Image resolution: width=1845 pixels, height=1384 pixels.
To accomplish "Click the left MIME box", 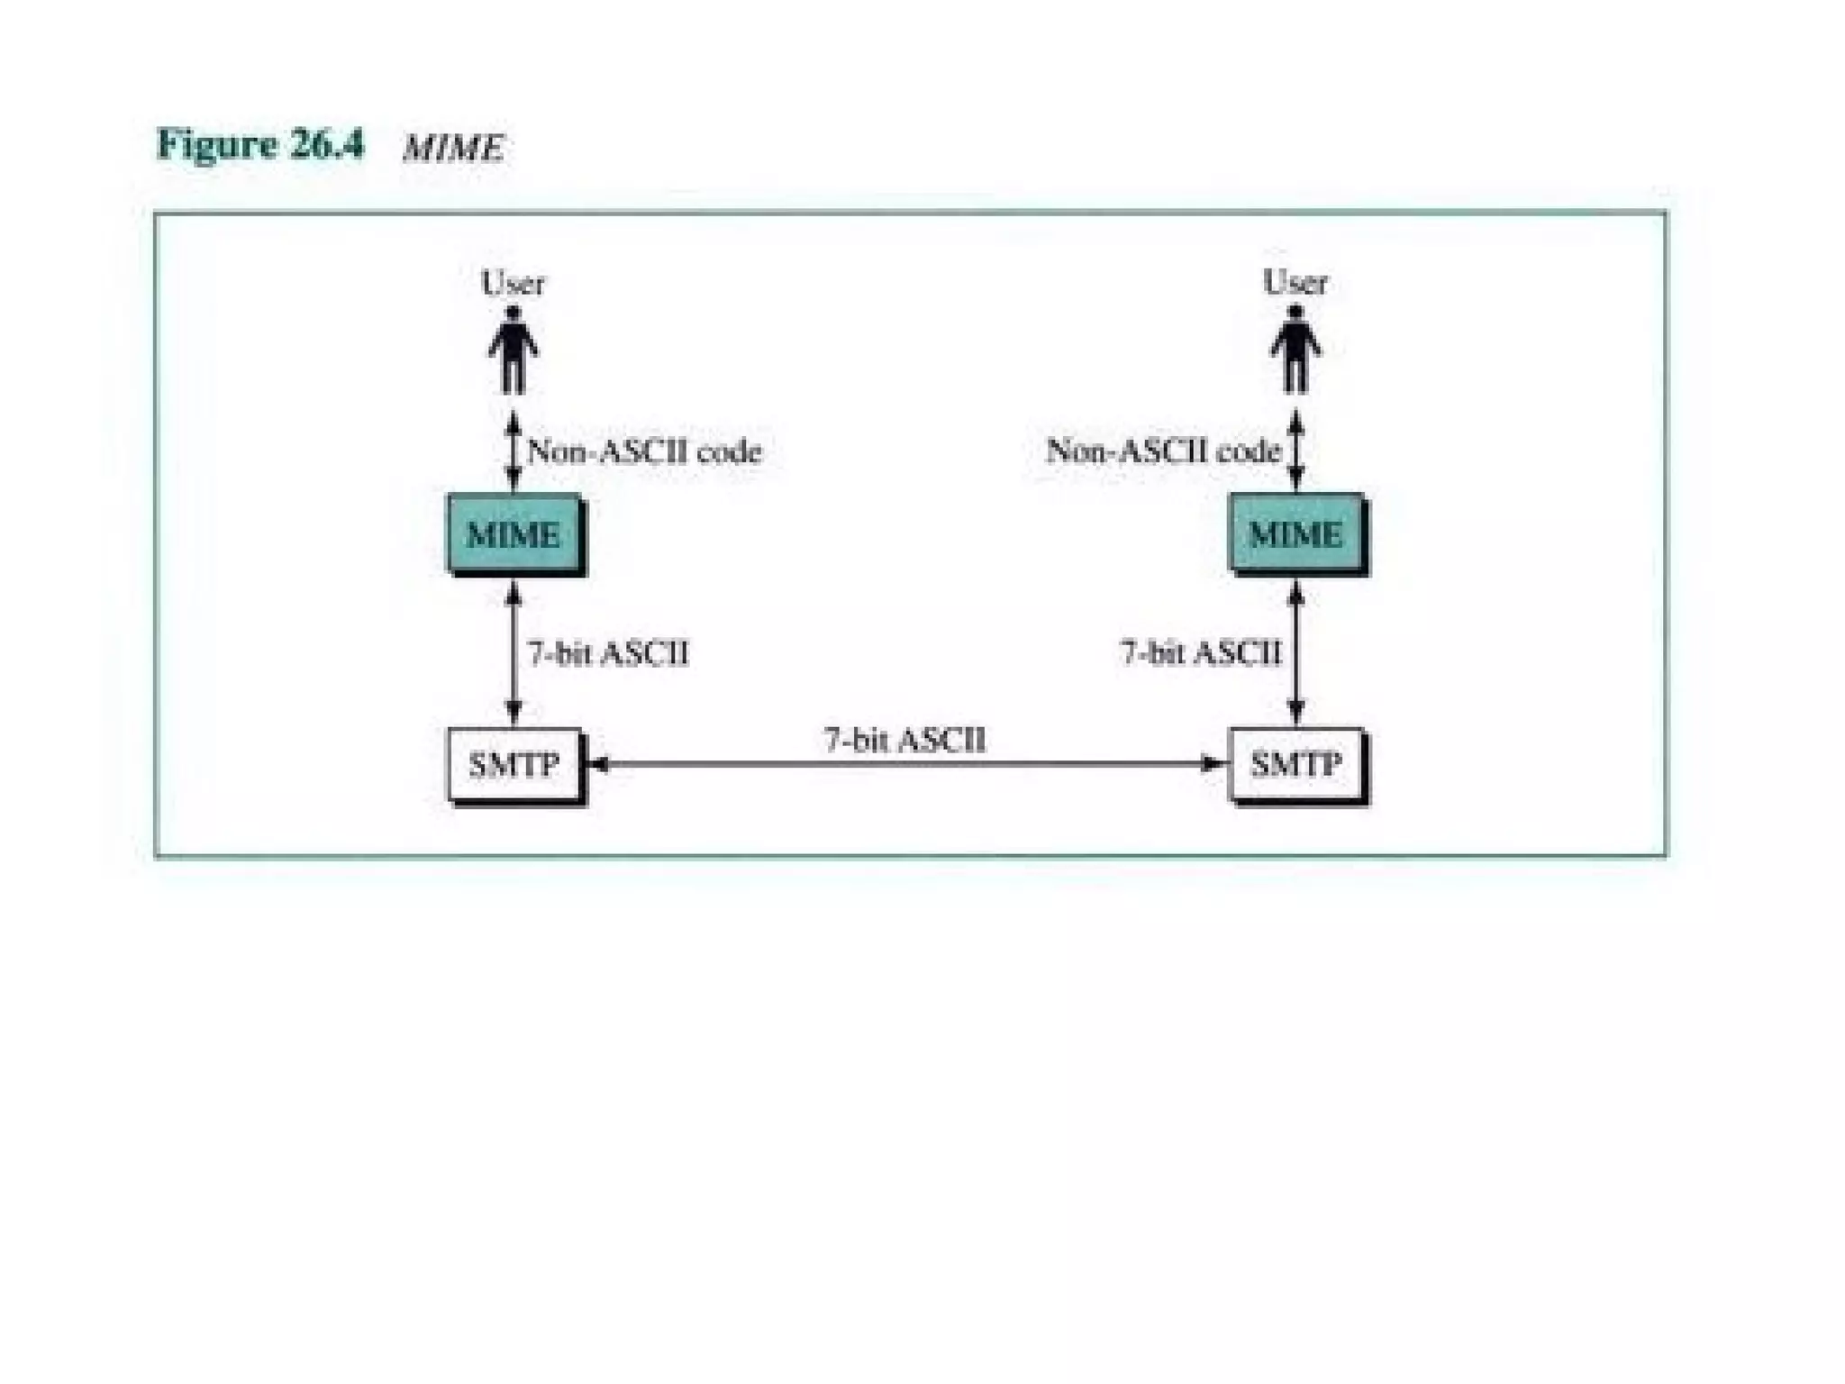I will [x=514, y=533].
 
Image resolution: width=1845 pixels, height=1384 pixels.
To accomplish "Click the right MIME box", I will [x=1295, y=533].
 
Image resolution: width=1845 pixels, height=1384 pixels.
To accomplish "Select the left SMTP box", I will [x=514, y=764].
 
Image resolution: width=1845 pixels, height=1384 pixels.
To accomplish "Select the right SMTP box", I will [x=1295, y=764].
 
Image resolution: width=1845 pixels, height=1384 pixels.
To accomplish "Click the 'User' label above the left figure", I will [x=513, y=283].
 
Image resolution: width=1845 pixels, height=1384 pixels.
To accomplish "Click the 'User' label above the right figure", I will [x=1295, y=282].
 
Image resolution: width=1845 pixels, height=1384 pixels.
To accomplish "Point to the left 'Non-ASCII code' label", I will [x=644, y=451].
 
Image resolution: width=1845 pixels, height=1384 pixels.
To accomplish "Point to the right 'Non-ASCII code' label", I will [x=1163, y=450].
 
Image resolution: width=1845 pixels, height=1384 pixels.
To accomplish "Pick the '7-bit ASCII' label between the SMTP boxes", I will [x=904, y=740].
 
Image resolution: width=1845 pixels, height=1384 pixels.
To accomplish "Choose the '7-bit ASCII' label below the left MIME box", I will [x=608, y=652].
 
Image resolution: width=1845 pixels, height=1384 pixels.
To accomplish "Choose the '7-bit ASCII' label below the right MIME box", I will [x=1200, y=651].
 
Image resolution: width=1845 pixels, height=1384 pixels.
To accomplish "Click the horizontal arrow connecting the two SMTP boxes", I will [x=905, y=764].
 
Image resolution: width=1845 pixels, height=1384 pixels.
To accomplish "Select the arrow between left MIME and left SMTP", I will [x=514, y=652].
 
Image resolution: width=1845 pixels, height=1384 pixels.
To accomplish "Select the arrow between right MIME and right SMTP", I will [x=1295, y=652].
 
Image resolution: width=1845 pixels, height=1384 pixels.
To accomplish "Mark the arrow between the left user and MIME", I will [x=514, y=451].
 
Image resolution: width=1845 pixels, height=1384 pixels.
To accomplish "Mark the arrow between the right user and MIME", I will [x=1295, y=451].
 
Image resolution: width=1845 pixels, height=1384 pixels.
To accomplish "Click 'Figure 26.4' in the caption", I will [x=260, y=144].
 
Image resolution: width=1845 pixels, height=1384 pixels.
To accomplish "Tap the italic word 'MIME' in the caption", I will [x=453, y=148].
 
